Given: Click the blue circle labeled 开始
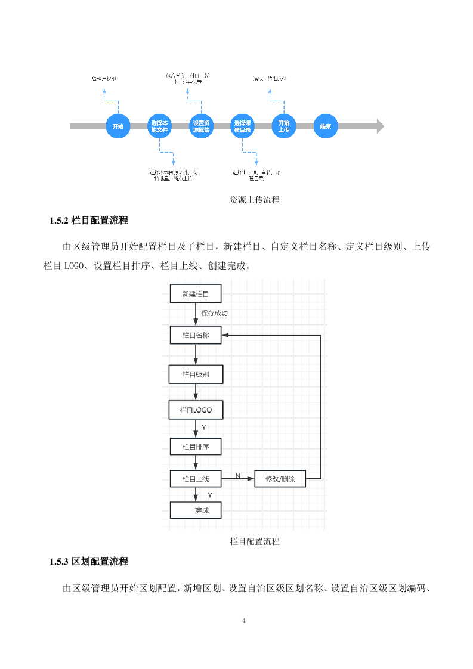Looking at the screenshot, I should (118, 126).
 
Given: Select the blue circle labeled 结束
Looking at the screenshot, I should (325, 126).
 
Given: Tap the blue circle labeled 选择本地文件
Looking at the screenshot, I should (159, 126).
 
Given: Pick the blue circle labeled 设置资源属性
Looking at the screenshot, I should (200, 126).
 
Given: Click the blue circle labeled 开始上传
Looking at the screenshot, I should (283, 126).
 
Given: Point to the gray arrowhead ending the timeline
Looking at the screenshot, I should (379, 126).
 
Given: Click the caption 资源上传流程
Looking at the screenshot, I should (255, 200).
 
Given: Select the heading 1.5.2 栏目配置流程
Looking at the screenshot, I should (89, 221).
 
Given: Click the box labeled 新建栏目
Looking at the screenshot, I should (196, 294).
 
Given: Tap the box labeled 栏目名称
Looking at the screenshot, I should (196, 335).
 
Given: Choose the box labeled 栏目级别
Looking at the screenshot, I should (196, 374).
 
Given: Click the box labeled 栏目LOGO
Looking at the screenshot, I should (196, 410).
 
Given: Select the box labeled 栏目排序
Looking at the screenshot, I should (196, 447).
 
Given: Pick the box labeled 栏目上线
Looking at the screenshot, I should (196, 479).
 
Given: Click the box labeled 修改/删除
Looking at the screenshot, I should (280, 479).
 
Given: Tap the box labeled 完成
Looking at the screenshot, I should (196, 510).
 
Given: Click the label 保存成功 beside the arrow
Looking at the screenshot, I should (214, 313).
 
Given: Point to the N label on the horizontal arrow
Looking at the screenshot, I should (237, 476).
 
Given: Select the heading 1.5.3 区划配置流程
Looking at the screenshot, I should (89, 562).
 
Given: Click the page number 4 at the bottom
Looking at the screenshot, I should (245, 621).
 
